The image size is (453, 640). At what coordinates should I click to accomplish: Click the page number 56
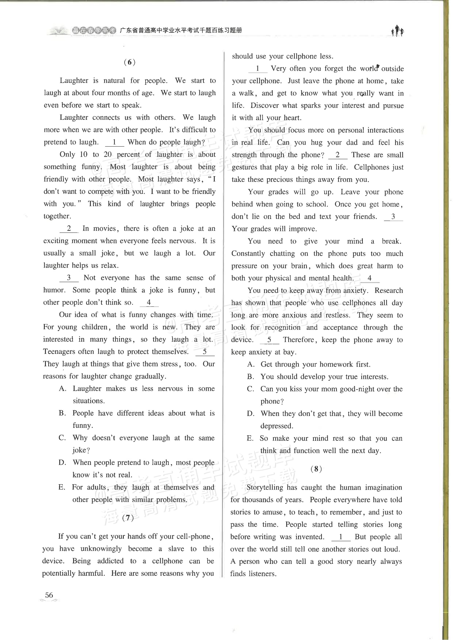click(49, 595)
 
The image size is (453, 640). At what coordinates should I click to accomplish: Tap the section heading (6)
click(130, 62)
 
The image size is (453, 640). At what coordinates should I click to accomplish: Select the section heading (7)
click(128, 518)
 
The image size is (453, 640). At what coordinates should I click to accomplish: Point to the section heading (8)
click(316, 469)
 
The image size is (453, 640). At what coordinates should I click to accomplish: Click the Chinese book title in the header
click(181, 30)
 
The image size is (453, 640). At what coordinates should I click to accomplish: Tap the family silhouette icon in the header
click(397, 31)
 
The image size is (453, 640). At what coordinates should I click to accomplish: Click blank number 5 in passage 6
click(205, 352)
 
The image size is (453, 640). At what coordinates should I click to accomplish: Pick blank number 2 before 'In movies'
click(69, 229)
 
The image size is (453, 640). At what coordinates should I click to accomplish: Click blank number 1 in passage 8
click(341, 537)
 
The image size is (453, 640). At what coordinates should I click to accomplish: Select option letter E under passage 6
click(62, 487)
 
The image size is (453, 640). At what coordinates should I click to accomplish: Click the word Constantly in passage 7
click(248, 253)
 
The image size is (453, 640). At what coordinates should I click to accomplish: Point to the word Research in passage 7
click(389, 290)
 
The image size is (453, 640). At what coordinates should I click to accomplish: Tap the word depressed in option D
click(277, 426)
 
